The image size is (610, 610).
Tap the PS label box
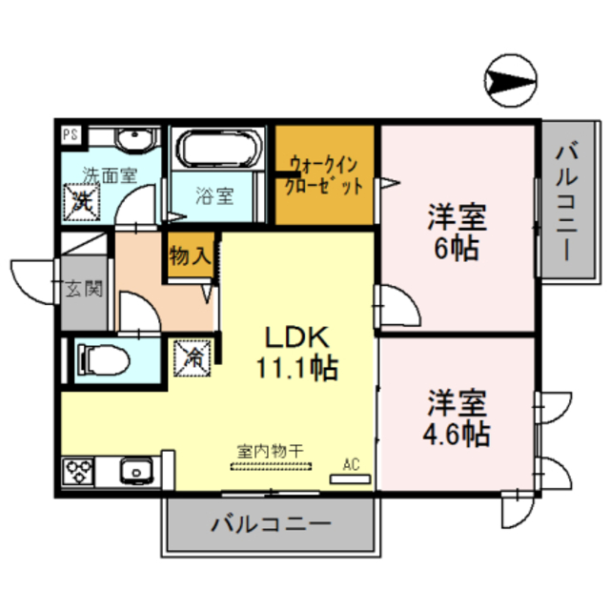(71, 134)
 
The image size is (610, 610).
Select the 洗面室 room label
(108, 175)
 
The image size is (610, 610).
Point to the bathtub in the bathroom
(218, 151)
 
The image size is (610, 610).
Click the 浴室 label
(214, 197)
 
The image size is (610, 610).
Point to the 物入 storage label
(190, 255)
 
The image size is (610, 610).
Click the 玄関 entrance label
(83, 289)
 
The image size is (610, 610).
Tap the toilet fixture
(100, 359)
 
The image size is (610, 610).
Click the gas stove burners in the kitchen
(79, 471)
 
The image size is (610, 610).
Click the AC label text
(351, 465)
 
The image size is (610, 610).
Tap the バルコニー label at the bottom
(270, 523)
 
